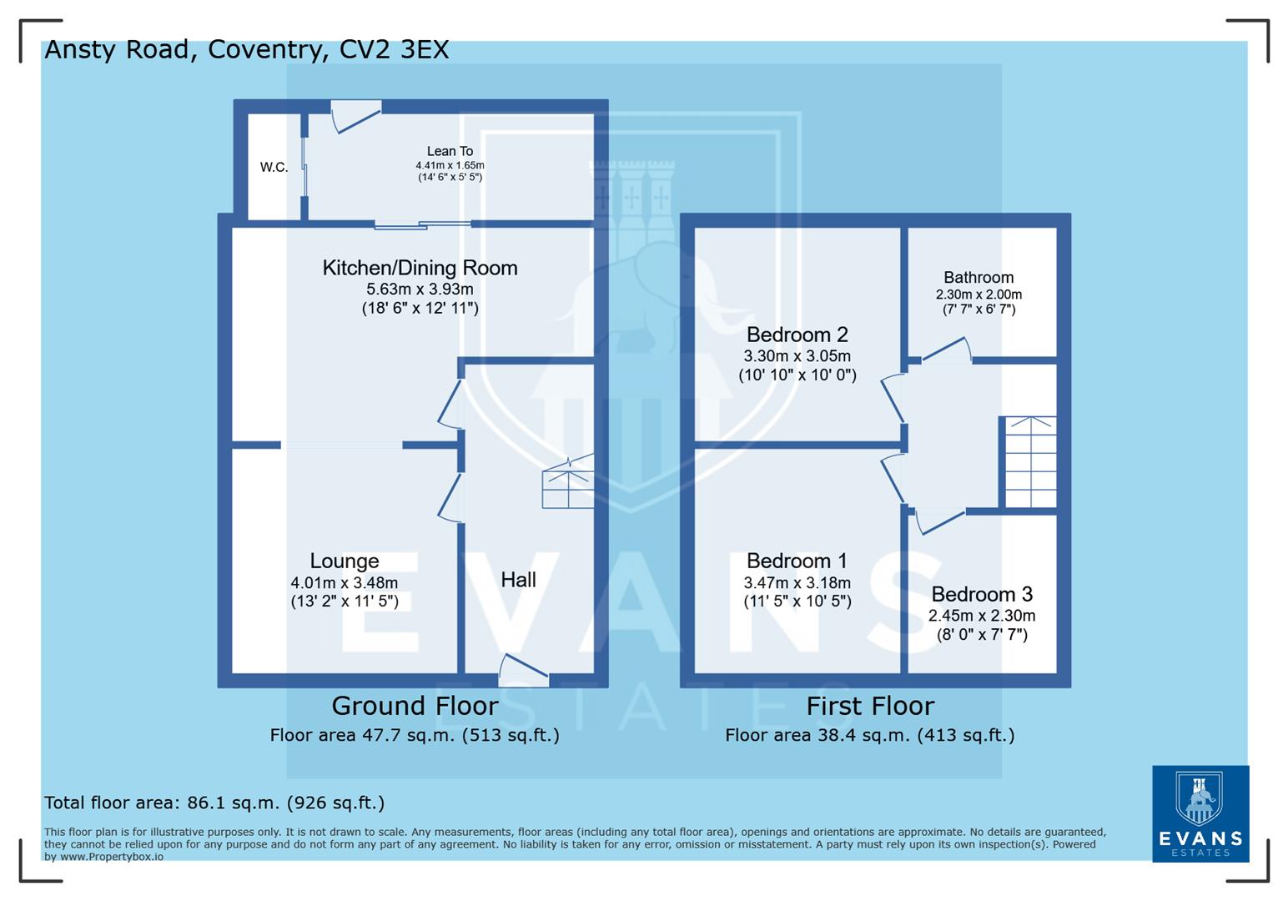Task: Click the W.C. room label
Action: click(x=274, y=167)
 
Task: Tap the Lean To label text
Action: click(x=450, y=151)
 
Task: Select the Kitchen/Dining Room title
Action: click(x=420, y=268)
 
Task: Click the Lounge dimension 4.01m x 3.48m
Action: click(x=344, y=582)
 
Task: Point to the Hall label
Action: click(x=518, y=580)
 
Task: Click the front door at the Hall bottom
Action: click(x=523, y=669)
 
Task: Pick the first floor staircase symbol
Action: click(x=1030, y=462)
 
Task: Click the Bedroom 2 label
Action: click(x=797, y=335)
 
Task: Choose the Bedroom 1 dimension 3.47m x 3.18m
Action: click(x=797, y=582)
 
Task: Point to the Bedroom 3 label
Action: click(x=981, y=594)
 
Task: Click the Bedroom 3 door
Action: click(x=939, y=521)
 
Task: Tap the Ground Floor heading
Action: click(x=415, y=706)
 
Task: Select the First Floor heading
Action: click(x=869, y=706)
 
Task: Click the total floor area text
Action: click(x=214, y=803)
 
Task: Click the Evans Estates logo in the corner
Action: click(x=1200, y=813)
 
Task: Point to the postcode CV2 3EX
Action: click(x=394, y=49)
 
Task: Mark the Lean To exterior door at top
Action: click(x=356, y=116)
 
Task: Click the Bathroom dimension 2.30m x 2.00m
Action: click(x=979, y=294)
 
